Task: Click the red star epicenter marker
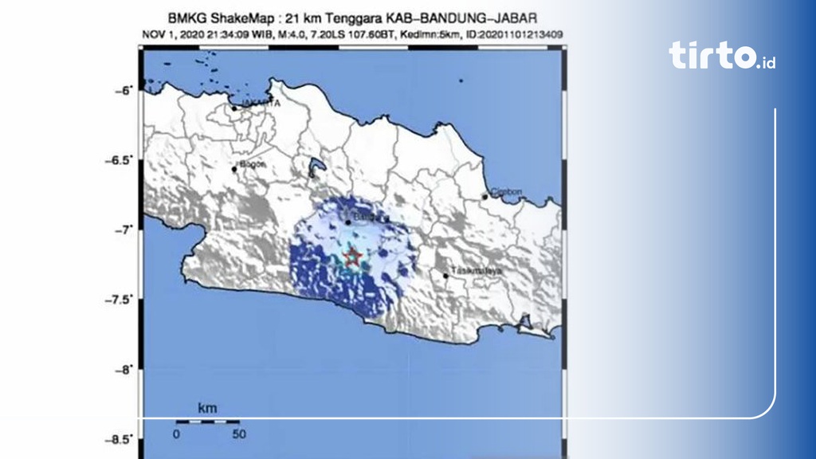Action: pyautogui.click(x=352, y=257)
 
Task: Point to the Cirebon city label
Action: pyautogui.click(x=504, y=192)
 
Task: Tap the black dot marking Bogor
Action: pyautogui.click(x=234, y=169)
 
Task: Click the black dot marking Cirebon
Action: pyautogui.click(x=484, y=197)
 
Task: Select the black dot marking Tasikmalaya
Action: pyautogui.click(x=445, y=276)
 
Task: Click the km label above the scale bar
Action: pyautogui.click(x=207, y=407)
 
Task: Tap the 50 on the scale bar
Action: pyautogui.click(x=238, y=434)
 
